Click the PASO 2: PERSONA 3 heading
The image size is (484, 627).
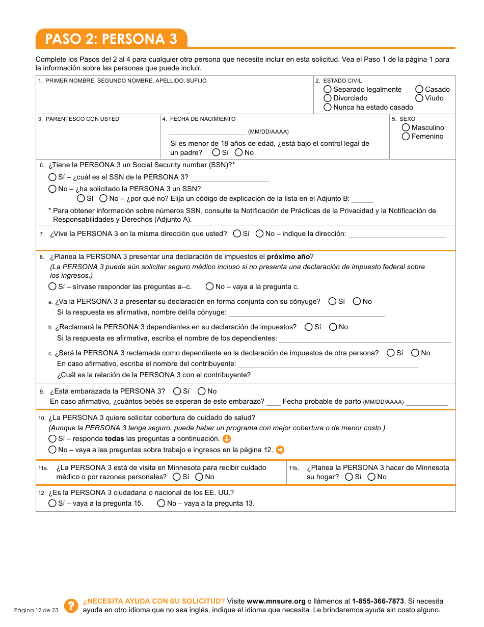pyautogui.click(x=111, y=39)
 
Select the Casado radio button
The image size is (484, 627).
pyautogui.click(x=419, y=89)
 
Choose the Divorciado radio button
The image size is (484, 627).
pyautogui.click(x=328, y=98)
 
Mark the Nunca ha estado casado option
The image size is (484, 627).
pyautogui.click(x=328, y=107)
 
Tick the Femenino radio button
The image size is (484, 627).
pyautogui.click(x=406, y=136)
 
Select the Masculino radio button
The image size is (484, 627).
pyautogui.click(x=406, y=127)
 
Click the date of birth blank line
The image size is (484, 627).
pyautogui.click(x=207, y=132)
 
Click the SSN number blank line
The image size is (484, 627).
pyautogui.click(x=229, y=177)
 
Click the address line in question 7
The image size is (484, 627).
pyautogui.click(x=397, y=234)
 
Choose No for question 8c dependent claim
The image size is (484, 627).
pyautogui.click(x=415, y=353)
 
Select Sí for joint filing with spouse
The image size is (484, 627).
pyautogui.click(x=333, y=301)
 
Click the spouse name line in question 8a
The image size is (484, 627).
pyautogui.click(x=306, y=312)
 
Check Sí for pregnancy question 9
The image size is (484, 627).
pyautogui.click(x=177, y=391)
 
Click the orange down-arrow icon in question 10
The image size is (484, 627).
pyautogui.click(x=227, y=438)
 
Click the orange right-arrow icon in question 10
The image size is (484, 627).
pyautogui.click(x=280, y=450)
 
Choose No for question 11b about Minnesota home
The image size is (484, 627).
pyautogui.click(x=371, y=477)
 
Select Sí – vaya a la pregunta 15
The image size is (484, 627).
pyautogui.click(x=52, y=503)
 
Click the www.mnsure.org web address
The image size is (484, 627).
pyautogui.click(x=276, y=601)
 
